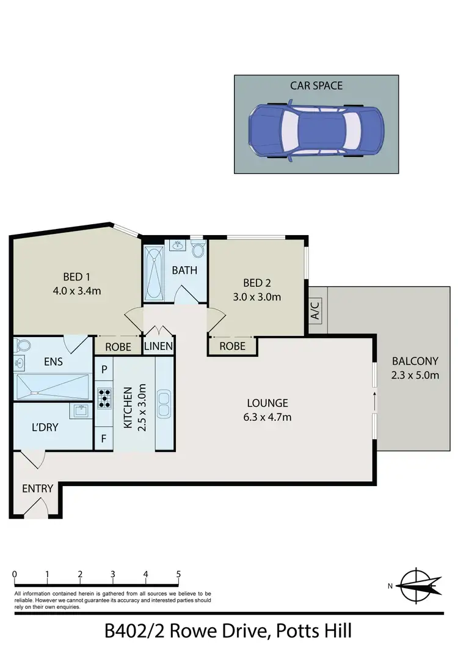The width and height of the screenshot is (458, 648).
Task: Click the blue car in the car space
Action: pyautogui.click(x=316, y=133)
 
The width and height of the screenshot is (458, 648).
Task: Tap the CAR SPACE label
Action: pyautogui.click(x=316, y=86)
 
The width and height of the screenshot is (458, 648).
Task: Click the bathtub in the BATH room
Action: pyautogui.click(x=153, y=272)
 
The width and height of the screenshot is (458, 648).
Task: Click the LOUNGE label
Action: pyautogui.click(x=267, y=403)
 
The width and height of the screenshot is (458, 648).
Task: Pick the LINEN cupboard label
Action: pyautogui.click(x=159, y=346)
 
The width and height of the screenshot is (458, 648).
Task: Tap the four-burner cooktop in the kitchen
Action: pyautogui.click(x=104, y=398)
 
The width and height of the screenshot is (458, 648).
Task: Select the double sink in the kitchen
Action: pyautogui.click(x=164, y=405)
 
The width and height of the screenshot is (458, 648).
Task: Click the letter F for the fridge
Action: pyautogui.click(x=104, y=438)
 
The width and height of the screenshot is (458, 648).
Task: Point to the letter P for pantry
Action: pyautogui.click(x=104, y=370)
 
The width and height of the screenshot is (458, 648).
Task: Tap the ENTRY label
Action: pyautogui.click(x=37, y=489)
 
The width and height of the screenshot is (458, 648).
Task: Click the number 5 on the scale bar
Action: pyautogui.click(x=178, y=575)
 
